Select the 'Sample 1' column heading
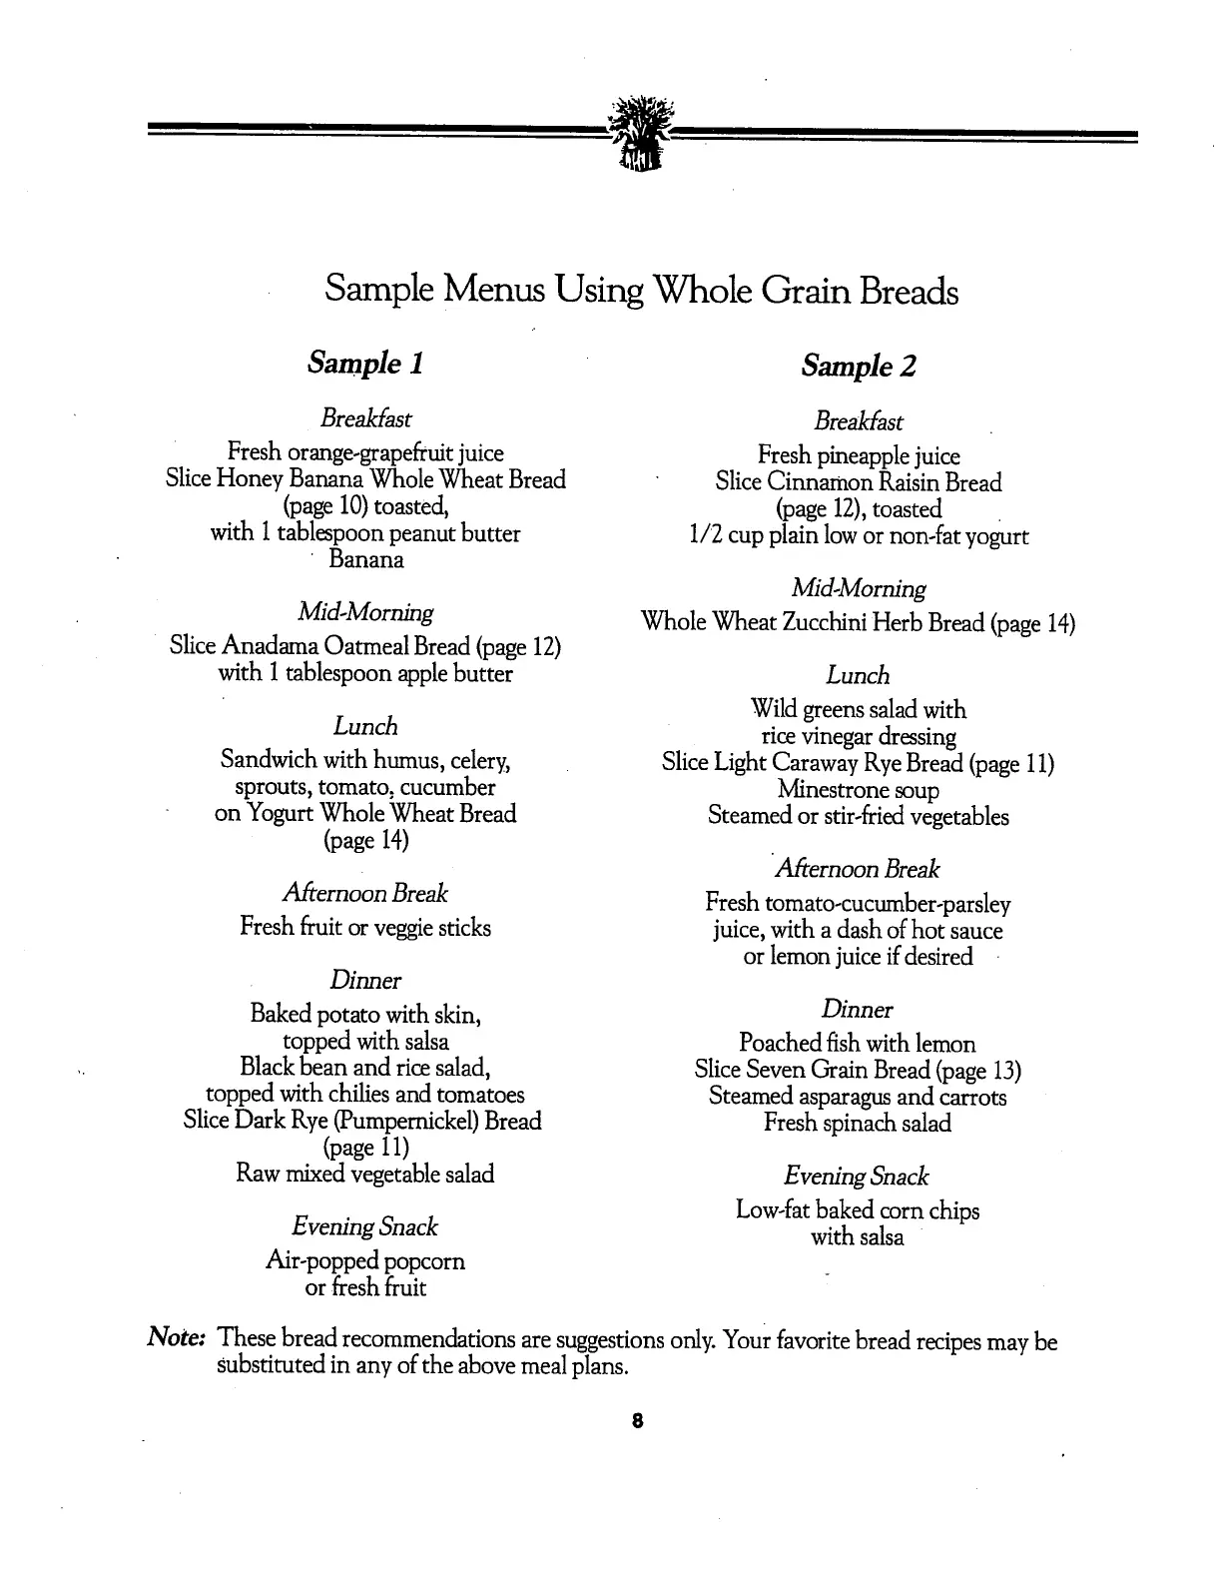pos(365,363)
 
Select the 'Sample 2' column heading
pos(858,367)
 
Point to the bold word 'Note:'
pos(177,1337)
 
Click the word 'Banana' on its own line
pos(366,560)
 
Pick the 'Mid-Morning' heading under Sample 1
pos(365,612)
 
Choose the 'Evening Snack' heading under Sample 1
pos(365,1226)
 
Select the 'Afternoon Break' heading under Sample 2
pos(858,869)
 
